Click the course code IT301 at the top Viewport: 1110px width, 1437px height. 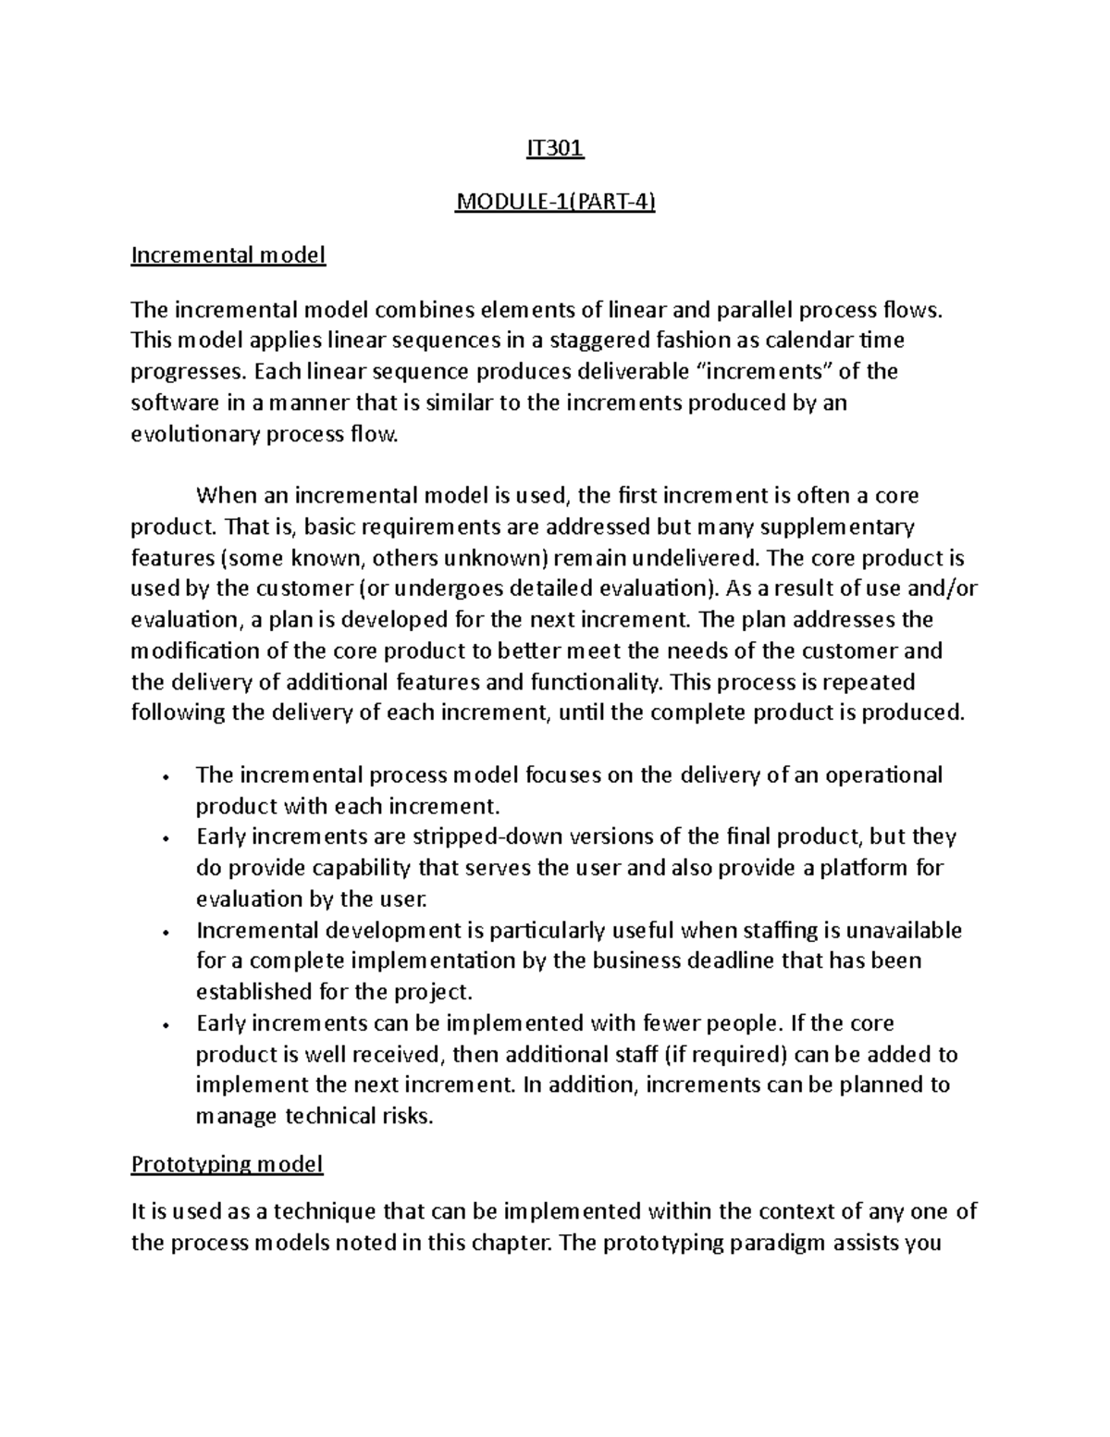pyautogui.click(x=555, y=149)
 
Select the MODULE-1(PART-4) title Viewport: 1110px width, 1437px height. pyautogui.click(x=555, y=202)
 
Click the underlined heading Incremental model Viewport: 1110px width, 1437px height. pyautogui.click(x=228, y=254)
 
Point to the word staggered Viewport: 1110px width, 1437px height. pyautogui.click(x=598, y=340)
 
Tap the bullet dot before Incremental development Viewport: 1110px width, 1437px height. pyautogui.click(x=164, y=932)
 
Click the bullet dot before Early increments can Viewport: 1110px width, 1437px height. pyautogui.click(x=164, y=1025)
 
